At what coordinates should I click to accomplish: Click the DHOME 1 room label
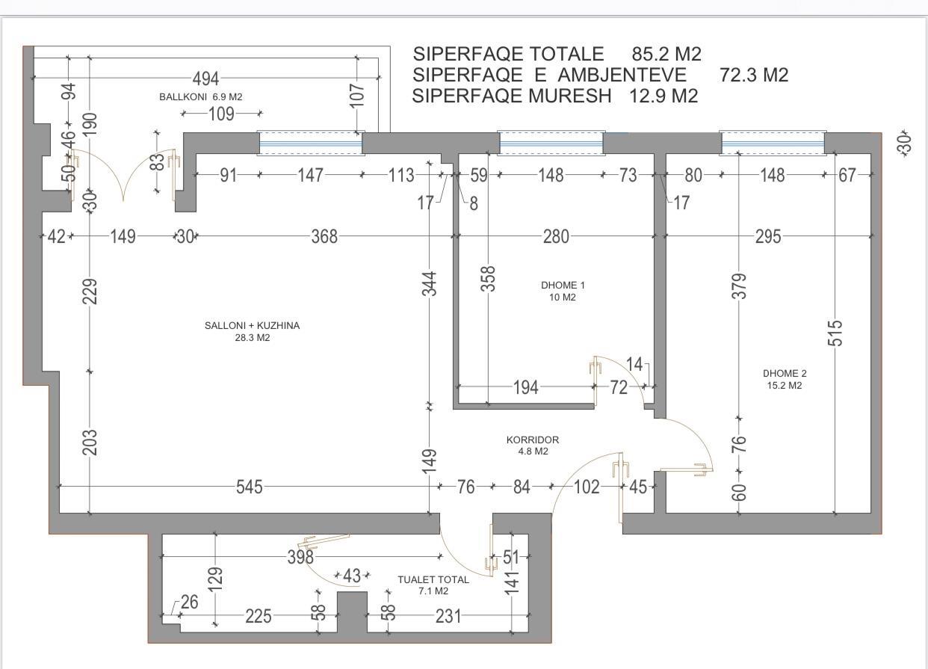[x=563, y=286]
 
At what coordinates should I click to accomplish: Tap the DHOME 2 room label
[x=785, y=374]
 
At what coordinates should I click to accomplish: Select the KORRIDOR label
[x=532, y=440]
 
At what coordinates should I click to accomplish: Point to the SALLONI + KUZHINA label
[x=252, y=325]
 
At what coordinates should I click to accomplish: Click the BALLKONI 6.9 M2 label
[x=201, y=97]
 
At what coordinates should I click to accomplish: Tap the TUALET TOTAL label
[x=433, y=579]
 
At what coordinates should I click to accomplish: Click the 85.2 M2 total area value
[x=666, y=55]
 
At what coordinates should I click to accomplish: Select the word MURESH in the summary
[x=570, y=96]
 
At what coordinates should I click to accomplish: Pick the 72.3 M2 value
[x=754, y=75]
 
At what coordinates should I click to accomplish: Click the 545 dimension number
[x=250, y=487]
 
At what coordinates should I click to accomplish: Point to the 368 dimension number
[x=324, y=237]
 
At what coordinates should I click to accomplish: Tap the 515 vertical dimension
[x=835, y=333]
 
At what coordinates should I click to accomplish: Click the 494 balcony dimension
[x=206, y=78]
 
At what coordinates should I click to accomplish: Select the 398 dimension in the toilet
[x=301, y=557]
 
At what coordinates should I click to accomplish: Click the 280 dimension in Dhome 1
[x=556, y=237]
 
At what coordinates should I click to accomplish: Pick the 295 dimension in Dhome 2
[x=768, y=237]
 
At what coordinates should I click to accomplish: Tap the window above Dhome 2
[x=773, y=144]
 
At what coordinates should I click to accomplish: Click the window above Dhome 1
[x=551, y=144]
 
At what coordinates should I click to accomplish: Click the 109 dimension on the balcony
[x=221, y=114]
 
